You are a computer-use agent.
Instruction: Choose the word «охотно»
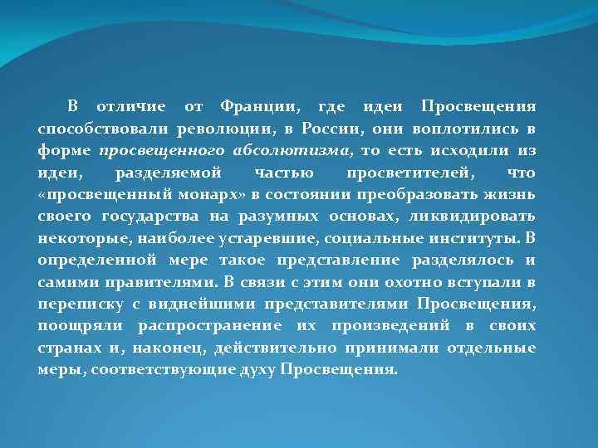[x=381, y=281]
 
